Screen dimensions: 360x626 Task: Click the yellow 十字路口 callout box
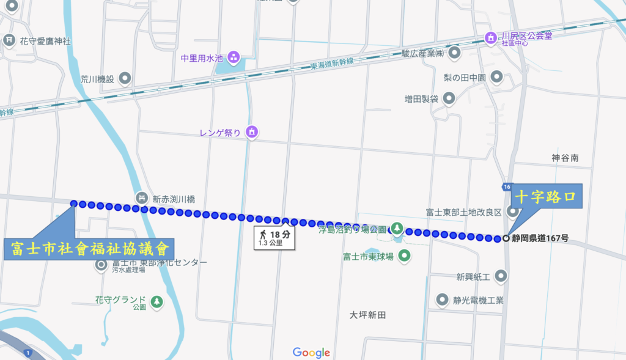[545, 197]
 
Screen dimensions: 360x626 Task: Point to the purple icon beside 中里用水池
[234, 59]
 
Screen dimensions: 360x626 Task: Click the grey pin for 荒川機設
[125, 78]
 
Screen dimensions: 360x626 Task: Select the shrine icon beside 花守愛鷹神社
[9, 41]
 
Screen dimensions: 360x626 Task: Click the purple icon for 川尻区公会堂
[490, 38]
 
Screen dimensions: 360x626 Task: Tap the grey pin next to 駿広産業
[454, 54]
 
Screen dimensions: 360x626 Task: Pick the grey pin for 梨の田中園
[497, 78]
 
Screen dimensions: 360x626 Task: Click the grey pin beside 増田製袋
[449, 98]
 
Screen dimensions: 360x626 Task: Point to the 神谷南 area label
[565, 158]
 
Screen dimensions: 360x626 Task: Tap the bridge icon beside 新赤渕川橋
[141, 198]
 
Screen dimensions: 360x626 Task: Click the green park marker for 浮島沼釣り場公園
[397, 230]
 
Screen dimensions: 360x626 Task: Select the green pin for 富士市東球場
[404, 256]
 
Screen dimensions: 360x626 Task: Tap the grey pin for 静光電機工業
[442, 300]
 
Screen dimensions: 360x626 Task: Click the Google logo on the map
[311, 353]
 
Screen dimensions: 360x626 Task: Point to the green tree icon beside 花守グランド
[157, 301]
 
